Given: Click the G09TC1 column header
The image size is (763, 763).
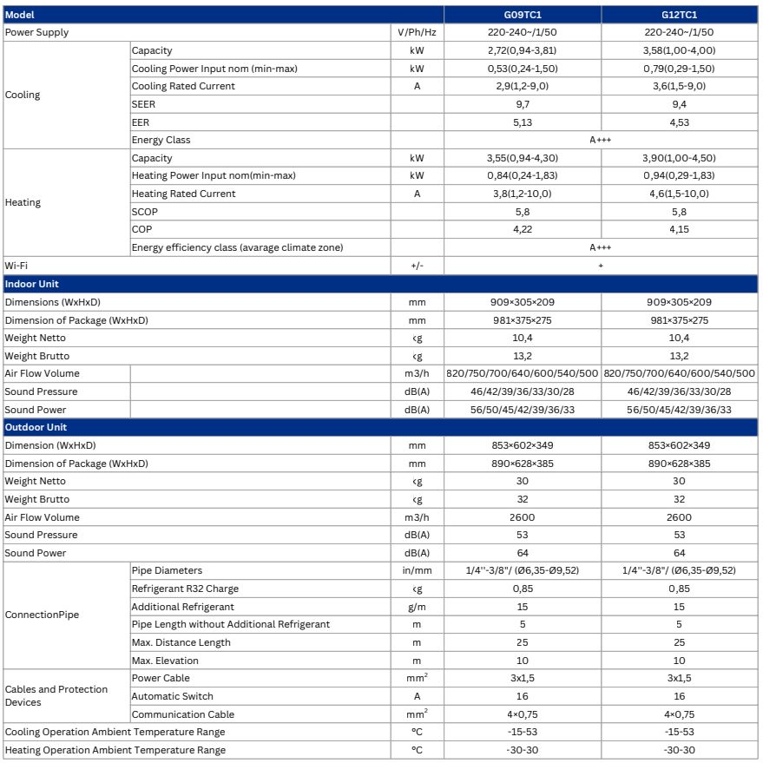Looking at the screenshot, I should (522, 15).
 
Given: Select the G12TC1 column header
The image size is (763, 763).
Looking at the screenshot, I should (679, 15).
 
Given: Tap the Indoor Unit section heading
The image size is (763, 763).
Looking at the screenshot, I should (32, 284).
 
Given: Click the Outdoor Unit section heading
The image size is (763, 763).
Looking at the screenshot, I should (36, 427).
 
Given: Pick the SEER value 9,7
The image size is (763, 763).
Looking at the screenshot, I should (522, 104).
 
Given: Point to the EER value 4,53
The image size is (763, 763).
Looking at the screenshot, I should (679, 122).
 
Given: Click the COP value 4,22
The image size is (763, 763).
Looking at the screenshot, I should (522, 229).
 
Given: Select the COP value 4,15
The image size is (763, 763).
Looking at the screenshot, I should (679, 229).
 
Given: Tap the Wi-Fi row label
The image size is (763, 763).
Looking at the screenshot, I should (16, 265).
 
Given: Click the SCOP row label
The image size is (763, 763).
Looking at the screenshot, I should (145, 212).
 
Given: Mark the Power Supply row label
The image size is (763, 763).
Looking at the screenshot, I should (36, 32).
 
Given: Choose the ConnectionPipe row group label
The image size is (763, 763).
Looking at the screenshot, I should (42, 615).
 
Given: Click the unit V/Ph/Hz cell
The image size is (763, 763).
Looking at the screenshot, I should (417, 32).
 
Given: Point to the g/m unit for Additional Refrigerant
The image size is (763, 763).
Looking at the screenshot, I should (417, 607).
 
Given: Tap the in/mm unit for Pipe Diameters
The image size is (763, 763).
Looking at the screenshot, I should (417, 570).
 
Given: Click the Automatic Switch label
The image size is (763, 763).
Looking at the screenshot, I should (172, 696).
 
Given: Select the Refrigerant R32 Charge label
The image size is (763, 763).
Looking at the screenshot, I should (185, 589).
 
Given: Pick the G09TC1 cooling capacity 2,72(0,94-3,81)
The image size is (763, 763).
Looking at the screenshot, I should (522, 50).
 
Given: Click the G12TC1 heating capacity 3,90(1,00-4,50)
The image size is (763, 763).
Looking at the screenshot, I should (679, 158).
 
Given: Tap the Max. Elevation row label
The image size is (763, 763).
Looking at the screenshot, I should (165, 661).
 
